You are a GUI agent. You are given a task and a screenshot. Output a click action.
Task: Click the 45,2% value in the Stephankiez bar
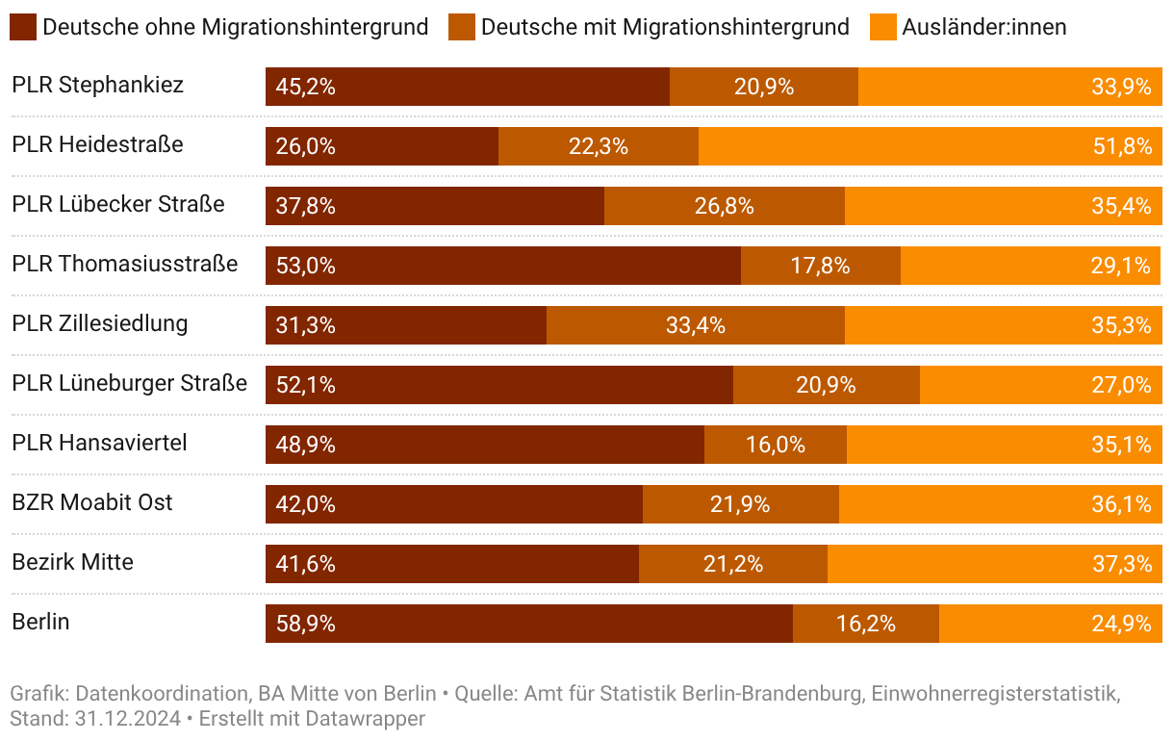(305, 87)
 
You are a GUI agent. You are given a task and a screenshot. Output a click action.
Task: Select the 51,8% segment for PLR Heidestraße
(930, 146)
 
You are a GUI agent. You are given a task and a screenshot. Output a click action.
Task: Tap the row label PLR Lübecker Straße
(117, 204)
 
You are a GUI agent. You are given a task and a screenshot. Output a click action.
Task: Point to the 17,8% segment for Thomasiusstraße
(820, 266)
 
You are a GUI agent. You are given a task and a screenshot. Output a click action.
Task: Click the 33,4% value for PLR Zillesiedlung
(695, 325)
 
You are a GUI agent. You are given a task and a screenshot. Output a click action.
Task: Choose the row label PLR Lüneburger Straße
(129, 383)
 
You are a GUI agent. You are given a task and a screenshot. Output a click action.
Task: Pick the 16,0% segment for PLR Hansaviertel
(775, 445)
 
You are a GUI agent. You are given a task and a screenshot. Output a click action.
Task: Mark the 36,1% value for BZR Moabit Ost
(1121, 504)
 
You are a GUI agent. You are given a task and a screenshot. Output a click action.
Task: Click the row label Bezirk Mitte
(72, 562)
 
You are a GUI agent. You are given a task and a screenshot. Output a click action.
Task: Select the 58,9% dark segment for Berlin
(528, 624)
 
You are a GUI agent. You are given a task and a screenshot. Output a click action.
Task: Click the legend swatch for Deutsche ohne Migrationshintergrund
(23, 27)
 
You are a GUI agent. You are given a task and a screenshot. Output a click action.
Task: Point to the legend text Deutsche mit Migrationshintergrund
(665, 27)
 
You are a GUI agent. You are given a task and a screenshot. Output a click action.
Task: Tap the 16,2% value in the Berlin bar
(865, 624)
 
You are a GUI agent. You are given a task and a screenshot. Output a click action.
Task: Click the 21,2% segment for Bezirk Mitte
(732, 564)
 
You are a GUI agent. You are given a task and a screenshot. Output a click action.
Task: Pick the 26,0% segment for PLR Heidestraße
(381, 146)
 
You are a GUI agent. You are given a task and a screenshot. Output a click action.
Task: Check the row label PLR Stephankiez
(97, 85)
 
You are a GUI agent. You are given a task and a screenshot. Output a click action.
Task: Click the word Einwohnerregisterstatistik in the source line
(995, 693)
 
